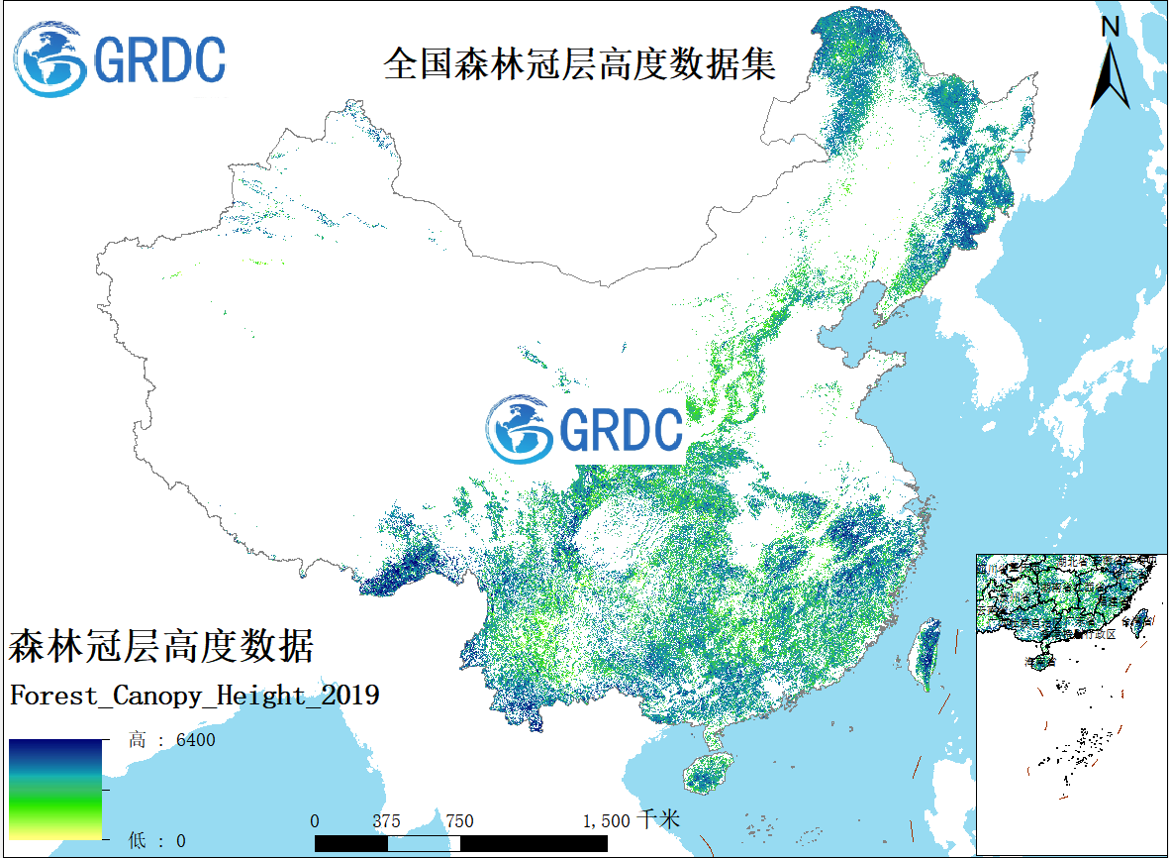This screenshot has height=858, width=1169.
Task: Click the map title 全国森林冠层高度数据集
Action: [x=579, y=64]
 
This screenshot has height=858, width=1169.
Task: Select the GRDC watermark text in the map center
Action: [x=621, y=429]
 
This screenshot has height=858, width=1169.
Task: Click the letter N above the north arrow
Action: [x=1111, y=27]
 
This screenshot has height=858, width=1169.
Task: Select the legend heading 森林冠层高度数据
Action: [x=161, y=647]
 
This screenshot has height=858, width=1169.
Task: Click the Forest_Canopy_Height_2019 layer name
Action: [x=194, y=696]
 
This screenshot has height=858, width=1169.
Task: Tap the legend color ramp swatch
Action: [x=55, y=789]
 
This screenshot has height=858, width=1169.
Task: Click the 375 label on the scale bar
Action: [x=386, y=821]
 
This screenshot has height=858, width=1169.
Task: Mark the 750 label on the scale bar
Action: [x=459, y=821]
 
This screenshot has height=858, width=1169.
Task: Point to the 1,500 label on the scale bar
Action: [x=607, y=821]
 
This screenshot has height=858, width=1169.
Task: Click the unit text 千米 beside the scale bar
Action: [x=658, y=820]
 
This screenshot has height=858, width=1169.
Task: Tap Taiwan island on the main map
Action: [x=926, y=653]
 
